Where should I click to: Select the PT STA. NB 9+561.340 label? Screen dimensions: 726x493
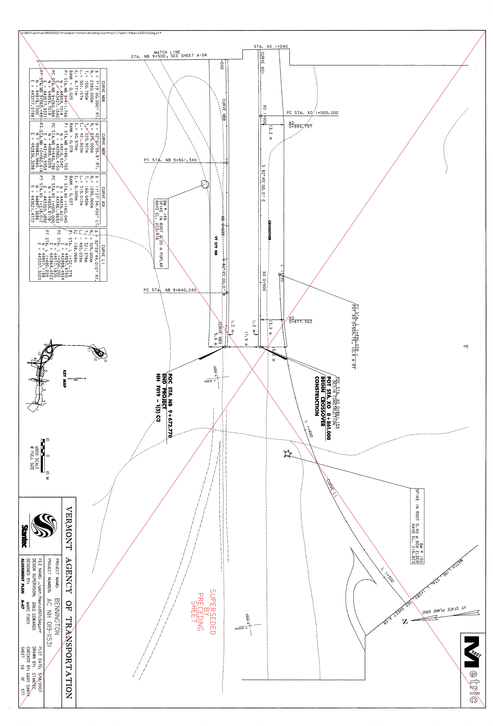pos(170,160)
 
